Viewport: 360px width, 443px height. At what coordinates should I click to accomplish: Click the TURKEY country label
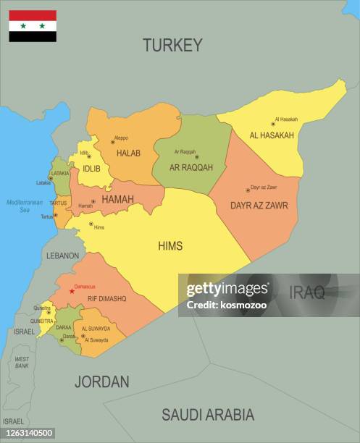tap(172, 45)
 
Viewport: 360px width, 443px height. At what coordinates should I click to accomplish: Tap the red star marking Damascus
tap(72, 291)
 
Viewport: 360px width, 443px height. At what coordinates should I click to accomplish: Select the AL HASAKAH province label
tap(272, 135)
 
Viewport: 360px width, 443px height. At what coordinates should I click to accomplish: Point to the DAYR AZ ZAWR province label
tap(259, 206)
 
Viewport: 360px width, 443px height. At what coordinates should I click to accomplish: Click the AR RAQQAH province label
tap(191, 167)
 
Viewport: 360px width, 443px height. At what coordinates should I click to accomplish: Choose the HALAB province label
tap(128, 153)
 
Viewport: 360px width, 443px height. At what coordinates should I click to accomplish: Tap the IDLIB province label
tap(92, 169)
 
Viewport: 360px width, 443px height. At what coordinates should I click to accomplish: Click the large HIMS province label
tap(170, 246)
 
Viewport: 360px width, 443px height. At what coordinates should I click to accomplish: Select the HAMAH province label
tap(117, 199)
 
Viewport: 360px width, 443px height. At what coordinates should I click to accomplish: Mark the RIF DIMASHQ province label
tap(106, 298)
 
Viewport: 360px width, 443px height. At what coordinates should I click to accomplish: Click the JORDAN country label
tap(102, 381)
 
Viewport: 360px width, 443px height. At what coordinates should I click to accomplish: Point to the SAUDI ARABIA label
tap(208, 415)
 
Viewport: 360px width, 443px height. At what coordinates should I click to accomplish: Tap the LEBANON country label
tap(63, 256)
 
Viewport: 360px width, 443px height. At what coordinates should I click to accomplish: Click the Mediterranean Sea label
tap(25, 206)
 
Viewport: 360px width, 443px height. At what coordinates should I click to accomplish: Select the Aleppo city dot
tap(112, 142)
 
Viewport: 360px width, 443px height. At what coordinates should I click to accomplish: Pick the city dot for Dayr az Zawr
tap(248, 190)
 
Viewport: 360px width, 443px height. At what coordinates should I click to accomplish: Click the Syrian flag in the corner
tap(33, 26)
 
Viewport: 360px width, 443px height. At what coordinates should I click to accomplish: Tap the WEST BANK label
tap(22, 361)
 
